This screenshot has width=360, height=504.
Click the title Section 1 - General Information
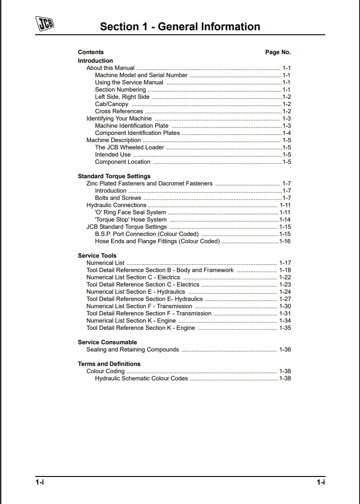click(x=180, y=27)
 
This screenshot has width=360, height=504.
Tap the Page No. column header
click(x=278, y=52)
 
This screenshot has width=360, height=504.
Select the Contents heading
click(x=91, y=52)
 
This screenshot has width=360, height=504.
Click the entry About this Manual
click(x=111, y=68)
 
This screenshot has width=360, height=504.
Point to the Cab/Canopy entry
click(x=111, y=104)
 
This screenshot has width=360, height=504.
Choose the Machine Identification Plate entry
click(x=132, y=126)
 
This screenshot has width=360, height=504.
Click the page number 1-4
click(x=286, y=133)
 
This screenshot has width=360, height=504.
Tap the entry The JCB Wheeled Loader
click(x=129, y=148)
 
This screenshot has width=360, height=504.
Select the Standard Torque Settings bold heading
click(x=114, y=176)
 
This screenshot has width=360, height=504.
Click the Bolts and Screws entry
click(x=118, y=198)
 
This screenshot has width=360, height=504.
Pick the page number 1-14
click(x=285, y=220)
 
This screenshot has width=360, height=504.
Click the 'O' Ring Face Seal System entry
click(x=130, y=213)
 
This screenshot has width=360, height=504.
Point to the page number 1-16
click(x=285, y=241)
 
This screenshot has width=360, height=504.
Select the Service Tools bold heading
click(x=97, y=256)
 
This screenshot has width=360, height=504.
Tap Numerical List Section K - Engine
click(x=131, y=321)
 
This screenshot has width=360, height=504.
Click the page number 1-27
click(x=285, y=299)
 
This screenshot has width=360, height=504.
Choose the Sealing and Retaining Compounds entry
click(x=133, y=350)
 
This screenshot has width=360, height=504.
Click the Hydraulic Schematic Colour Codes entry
click(x=141, y=379)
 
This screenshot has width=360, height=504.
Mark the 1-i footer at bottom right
click(x=321, y=482)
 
